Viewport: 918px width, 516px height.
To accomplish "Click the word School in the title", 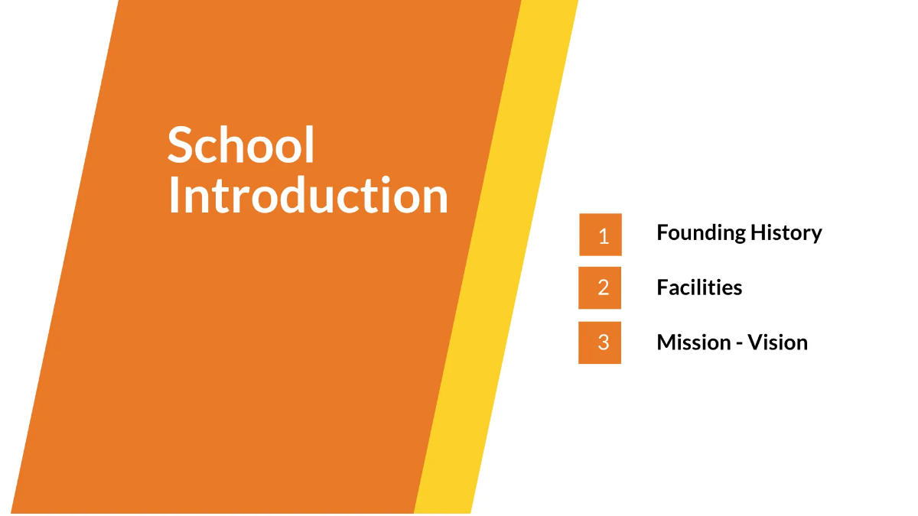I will pyautogui.click(x=241, y=145).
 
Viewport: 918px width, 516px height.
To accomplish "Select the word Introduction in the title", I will pyautogui.click(x=308, y=196).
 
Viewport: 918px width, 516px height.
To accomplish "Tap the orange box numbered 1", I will pyautogui.click(x=601, y=235).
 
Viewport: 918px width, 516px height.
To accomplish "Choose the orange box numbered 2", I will pyautogui.click(x=600, y=287).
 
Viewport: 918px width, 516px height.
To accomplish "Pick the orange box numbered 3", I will pyautogui.click(x=600, y=342).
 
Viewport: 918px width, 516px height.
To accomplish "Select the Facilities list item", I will pyautogui.click(x=699, y=287).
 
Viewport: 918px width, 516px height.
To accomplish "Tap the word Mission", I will pyautogui.click(x=692, y=342).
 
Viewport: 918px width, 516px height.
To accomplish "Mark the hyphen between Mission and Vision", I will pyautogui.click(x=739, y=344).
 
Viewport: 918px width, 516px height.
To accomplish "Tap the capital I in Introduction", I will pyautogui.click(x=173, y=196).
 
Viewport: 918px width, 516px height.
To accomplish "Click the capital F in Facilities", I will pyautogui.click(x=662, y=287).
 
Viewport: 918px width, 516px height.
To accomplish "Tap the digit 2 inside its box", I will pyautogui.click(x=604, y=287).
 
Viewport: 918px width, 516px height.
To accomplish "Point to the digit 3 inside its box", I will pyautogui.click(x=604, y=342).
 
